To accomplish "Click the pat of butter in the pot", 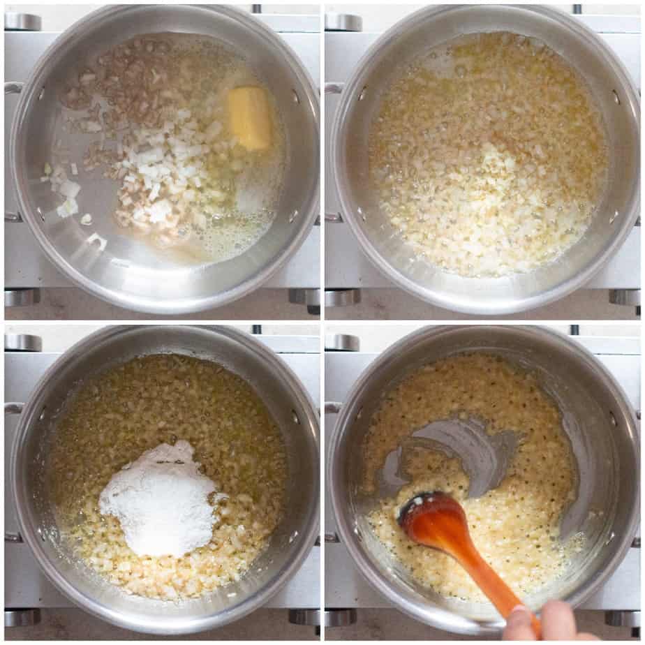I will (249, 117).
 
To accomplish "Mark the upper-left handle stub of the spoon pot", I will (334, 408).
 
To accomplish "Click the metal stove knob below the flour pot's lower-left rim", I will (22, 617).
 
